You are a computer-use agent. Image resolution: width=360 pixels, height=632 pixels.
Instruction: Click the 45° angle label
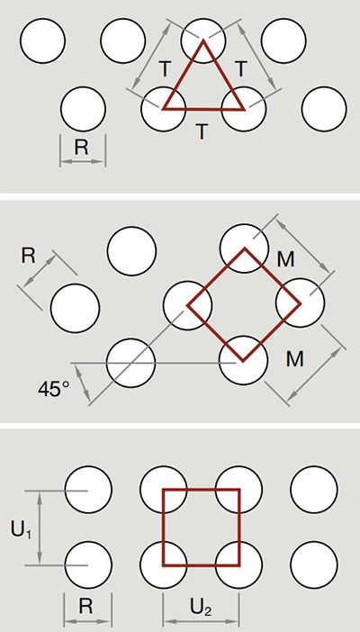point(54,390)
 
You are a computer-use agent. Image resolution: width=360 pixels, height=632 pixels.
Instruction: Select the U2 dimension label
point(201,609)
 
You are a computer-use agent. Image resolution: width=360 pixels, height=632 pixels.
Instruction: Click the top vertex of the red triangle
point(203,41)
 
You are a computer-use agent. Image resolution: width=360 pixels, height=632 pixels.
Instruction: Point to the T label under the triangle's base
point(202,131)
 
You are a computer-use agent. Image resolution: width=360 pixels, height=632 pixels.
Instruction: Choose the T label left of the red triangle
point(165,69)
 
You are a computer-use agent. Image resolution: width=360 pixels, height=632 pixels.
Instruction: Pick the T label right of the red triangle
point(240,69)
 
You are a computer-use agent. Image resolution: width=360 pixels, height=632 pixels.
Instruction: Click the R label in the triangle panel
point(81,148)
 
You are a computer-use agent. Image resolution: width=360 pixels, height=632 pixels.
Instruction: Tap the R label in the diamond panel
point(28,257)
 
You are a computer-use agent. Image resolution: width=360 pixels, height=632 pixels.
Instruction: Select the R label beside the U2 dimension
point(85,607)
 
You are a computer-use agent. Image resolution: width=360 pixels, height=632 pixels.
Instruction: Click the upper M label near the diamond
point(286,260)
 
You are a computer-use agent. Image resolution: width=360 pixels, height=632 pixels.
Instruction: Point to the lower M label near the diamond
point(294,359)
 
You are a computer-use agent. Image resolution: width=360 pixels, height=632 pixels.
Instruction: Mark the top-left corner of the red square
point(164,490)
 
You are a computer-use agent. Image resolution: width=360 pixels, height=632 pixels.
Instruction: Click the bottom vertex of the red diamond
point(243,360)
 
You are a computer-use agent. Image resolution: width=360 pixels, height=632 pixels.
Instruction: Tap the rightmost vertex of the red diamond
point(300,303)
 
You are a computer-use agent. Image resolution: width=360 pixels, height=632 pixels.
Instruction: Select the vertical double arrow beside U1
point(40,528)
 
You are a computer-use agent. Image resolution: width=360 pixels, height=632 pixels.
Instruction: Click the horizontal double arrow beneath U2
point(201,622)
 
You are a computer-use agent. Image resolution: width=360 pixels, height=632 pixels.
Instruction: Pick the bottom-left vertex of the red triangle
point(163,108)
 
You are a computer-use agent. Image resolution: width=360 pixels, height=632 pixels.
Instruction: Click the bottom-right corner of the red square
point(238,564)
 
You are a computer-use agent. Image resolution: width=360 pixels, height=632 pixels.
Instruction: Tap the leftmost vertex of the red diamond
point(188,305)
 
